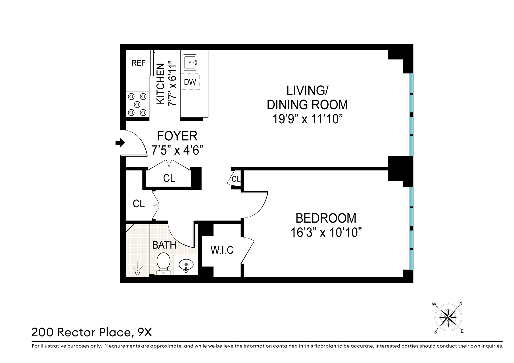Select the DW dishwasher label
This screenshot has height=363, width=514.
click(190, 82)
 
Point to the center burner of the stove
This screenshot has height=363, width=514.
click(137, 105)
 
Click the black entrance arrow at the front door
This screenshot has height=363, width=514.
click(120, 143)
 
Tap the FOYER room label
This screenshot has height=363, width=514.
click(177, 136)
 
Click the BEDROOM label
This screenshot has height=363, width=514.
click(326, 218)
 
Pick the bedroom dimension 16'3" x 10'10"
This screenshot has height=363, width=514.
click(326, 233)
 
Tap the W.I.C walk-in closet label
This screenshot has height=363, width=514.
click(222, 250)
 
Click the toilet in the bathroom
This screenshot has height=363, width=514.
click(164, 263)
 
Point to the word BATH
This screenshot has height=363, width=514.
click(164, 245)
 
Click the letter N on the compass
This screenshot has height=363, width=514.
click(461, 303)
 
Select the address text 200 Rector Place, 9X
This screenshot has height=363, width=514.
click(92, 332)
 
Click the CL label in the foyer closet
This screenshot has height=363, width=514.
click(169, 178)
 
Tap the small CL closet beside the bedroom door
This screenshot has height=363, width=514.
click(236, 179)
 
